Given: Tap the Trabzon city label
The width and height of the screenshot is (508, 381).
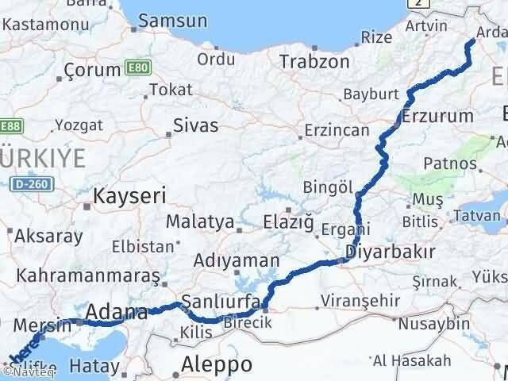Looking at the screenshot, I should coord(314,62).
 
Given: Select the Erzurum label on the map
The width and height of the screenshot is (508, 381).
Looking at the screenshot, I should coord(437,116).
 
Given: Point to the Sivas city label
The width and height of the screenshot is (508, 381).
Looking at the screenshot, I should coord(197,125).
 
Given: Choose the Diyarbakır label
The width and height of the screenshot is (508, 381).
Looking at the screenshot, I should coord(391,252).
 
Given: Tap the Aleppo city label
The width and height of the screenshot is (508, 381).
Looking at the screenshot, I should coord(217,364).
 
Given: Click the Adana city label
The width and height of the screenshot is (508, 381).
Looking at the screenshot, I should coord(117,311).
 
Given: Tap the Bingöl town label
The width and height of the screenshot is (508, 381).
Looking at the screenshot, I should coord(328,187).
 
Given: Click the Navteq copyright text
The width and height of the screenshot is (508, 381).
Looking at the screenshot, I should coord(20,371).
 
